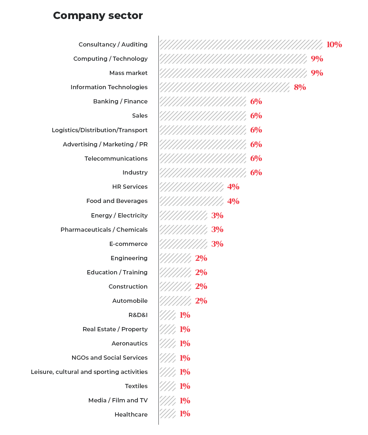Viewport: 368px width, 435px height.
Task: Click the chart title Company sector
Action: tap(98, 16)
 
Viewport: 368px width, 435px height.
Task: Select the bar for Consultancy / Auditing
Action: tap(241, 45)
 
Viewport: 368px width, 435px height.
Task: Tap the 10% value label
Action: tap(334, 45)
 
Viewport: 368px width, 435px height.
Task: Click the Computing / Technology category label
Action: tap(110, 59)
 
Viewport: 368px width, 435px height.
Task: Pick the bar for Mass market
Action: tap(233, 73)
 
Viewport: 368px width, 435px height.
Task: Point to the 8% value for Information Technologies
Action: tap(300, 87)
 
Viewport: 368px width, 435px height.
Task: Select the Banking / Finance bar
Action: tap(203, 101)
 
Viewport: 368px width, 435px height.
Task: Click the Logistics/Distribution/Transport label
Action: tap(100, 130)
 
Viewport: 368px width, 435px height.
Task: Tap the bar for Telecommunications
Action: tap(203, 158)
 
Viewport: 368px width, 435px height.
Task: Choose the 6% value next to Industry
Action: tap(256, 173)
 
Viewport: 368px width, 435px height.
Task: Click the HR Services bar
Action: tap(191, 187)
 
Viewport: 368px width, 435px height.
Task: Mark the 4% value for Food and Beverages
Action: tap(233, 201)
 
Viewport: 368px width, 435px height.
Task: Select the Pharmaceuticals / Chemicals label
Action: tap(104, 229)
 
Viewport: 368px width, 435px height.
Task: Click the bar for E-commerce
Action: tap(183, 244)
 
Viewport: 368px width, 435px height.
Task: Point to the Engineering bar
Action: tap(175, 258)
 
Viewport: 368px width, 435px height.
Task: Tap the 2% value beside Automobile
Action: tap(201, 301)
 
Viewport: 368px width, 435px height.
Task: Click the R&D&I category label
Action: tap(138, 315)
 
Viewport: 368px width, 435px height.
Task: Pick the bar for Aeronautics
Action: tap(168, 343)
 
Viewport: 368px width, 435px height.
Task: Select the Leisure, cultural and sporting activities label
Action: tap(89, 372)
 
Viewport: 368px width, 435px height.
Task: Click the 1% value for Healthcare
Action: tap(185, 414)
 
